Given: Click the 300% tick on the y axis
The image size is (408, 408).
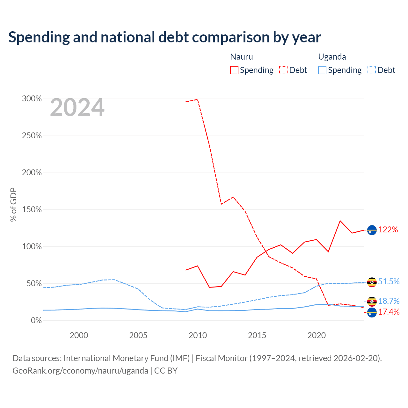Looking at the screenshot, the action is pos(32,99).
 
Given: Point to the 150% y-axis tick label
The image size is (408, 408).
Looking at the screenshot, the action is pos(32,210).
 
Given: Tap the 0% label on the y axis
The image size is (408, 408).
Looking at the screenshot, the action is pos(36,321).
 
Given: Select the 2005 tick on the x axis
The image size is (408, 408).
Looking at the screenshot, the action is pos(138,335).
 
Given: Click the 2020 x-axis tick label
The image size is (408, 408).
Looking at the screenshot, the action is pos(316,335).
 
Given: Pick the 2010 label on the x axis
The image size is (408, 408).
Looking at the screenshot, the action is pos(198,335).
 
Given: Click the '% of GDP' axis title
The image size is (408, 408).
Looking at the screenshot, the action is pos(13,205).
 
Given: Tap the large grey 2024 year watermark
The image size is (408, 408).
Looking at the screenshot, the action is pos(77,107).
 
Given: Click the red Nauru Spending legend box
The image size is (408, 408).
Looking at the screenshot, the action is pos(234,70).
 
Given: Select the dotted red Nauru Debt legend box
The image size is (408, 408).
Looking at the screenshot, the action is pos(283,70).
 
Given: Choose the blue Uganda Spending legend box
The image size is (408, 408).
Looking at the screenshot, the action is pos(322,70).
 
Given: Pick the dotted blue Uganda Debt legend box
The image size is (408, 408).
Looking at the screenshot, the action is pos(372,70).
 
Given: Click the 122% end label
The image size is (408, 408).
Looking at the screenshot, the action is pos(388,230).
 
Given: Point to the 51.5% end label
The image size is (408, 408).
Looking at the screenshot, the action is pos(389,281).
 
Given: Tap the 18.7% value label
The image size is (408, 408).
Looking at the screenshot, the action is pos(389,301).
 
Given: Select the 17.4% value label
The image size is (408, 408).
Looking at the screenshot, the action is pos(389,312).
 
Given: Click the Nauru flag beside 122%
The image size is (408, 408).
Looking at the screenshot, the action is pos(372,230).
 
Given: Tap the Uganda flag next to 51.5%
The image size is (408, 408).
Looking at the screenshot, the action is pos(372,282).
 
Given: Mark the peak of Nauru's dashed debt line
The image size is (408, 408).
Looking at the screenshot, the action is pos(197,99).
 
